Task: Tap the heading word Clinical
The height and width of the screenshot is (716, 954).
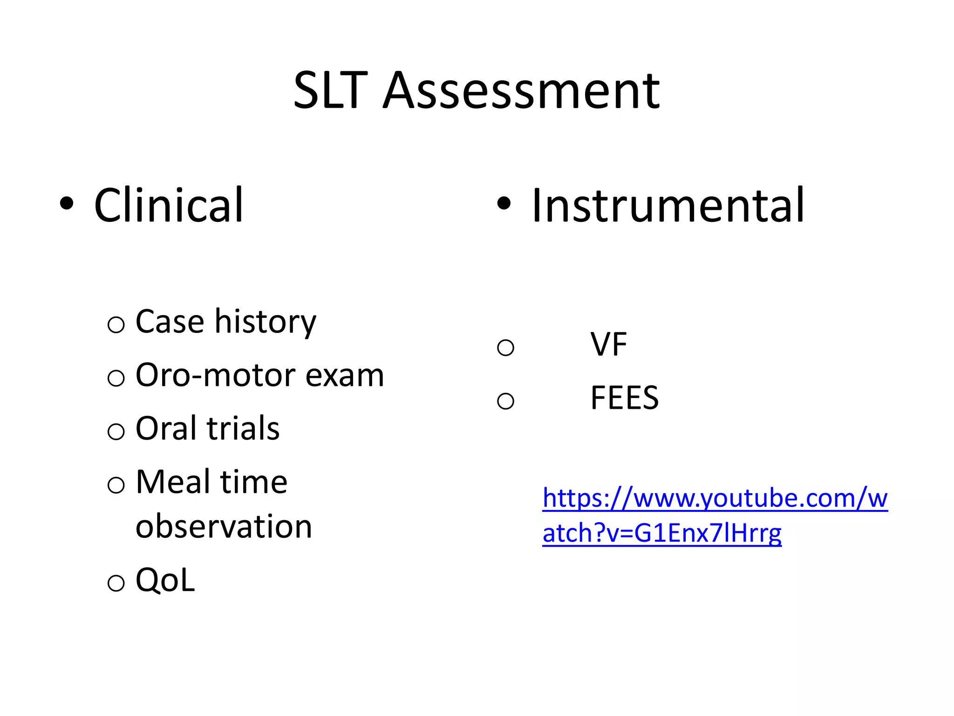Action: click(169, 205)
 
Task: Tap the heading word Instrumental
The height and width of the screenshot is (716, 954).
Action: click(668, 205)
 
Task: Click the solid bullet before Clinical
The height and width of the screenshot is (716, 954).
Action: click(67, 203)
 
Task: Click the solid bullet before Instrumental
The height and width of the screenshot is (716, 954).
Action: click(504, 203)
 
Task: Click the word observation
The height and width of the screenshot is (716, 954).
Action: click(224, 526)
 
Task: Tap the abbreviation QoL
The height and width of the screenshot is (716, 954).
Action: click(165, 580)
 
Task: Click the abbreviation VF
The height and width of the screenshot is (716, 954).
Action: click(608, 344)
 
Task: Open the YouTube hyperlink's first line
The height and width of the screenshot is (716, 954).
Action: click(715, 498)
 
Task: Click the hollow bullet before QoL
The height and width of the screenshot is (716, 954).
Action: click(116, 583)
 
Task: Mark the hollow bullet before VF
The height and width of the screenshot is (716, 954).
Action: click(505, 347)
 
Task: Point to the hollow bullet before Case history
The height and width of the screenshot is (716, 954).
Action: click(116, 324)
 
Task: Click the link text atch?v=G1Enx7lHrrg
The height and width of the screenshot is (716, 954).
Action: click(662, 533)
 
